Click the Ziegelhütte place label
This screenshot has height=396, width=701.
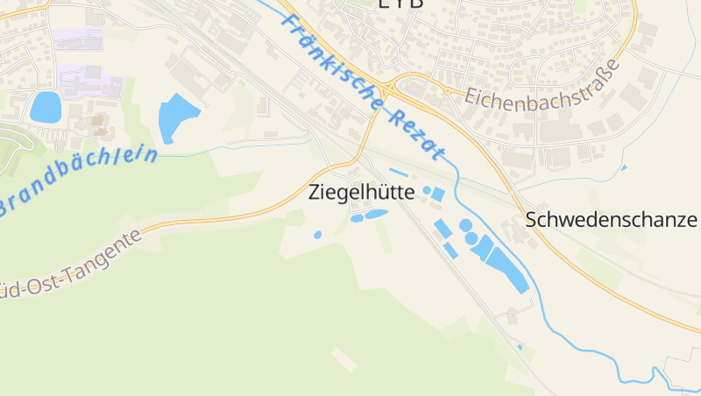click(x=360, y=193)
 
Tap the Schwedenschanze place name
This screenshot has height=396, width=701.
click(x=612, y=220)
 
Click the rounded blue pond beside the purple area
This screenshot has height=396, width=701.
click(x=45, y=107)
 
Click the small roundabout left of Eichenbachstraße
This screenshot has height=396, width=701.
click(x=447, y=90)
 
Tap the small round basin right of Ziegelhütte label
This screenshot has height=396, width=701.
click(x=427, y=190)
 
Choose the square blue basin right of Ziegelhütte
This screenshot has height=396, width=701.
click(x=438, y=194)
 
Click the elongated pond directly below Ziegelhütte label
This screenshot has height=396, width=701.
click(x=376, y=214)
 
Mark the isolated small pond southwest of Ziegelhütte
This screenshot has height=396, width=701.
click(x=317, y=235)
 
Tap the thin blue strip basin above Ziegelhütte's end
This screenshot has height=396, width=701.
click(x=398, y=173)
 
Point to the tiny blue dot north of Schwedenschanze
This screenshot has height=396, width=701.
click(x=624, y=167)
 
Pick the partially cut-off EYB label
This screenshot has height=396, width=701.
click(x=400, y=4)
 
